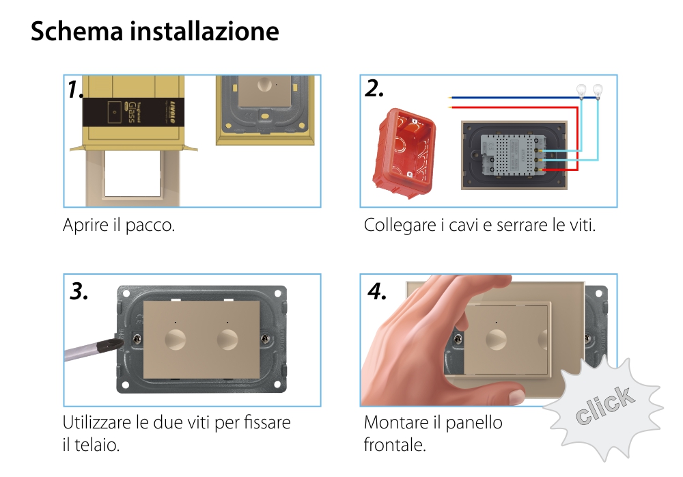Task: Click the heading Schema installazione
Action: point(154,31)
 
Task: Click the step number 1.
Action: point(76,90)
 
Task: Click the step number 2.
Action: point(374,88)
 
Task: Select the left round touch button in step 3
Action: point(176,339)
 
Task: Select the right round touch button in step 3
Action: point(227,339)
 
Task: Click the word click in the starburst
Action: point(604,406)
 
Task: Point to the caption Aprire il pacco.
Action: point(119,225)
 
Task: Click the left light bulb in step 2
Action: point(583,89)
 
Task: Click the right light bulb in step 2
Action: point(598,89)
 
